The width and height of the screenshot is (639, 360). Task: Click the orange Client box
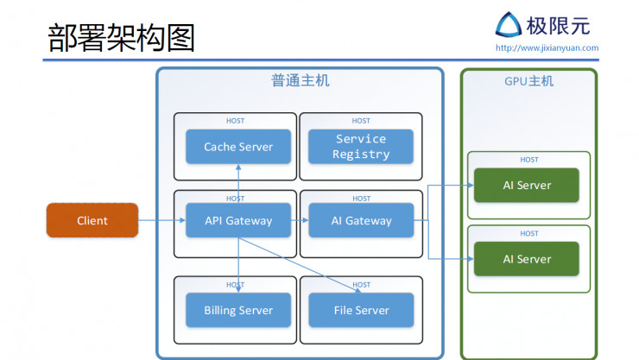(92, 220)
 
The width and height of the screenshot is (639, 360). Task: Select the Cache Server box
(237, 147)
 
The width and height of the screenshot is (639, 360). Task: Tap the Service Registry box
(361, 147)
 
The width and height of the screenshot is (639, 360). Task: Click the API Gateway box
(237, 220)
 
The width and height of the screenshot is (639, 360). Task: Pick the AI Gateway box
(361, 220)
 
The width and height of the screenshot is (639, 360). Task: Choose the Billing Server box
(237, 310)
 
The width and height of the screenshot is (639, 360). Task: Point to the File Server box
(361, 310)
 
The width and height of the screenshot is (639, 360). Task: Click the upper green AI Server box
(527, 186)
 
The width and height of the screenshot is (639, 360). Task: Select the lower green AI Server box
(527, 259)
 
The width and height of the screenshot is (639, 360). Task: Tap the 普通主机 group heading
(300, 81)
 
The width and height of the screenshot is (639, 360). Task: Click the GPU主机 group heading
(528, 81)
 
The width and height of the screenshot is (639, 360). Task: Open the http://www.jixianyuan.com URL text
(547, 48)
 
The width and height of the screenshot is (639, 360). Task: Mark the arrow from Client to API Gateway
(161, 220)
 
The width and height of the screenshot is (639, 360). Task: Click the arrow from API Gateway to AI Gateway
(299, 220)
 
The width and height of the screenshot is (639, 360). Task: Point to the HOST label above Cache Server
(235, 121)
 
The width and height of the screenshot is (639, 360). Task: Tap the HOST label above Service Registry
(361, 121)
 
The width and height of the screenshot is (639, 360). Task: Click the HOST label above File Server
(361, 284)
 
